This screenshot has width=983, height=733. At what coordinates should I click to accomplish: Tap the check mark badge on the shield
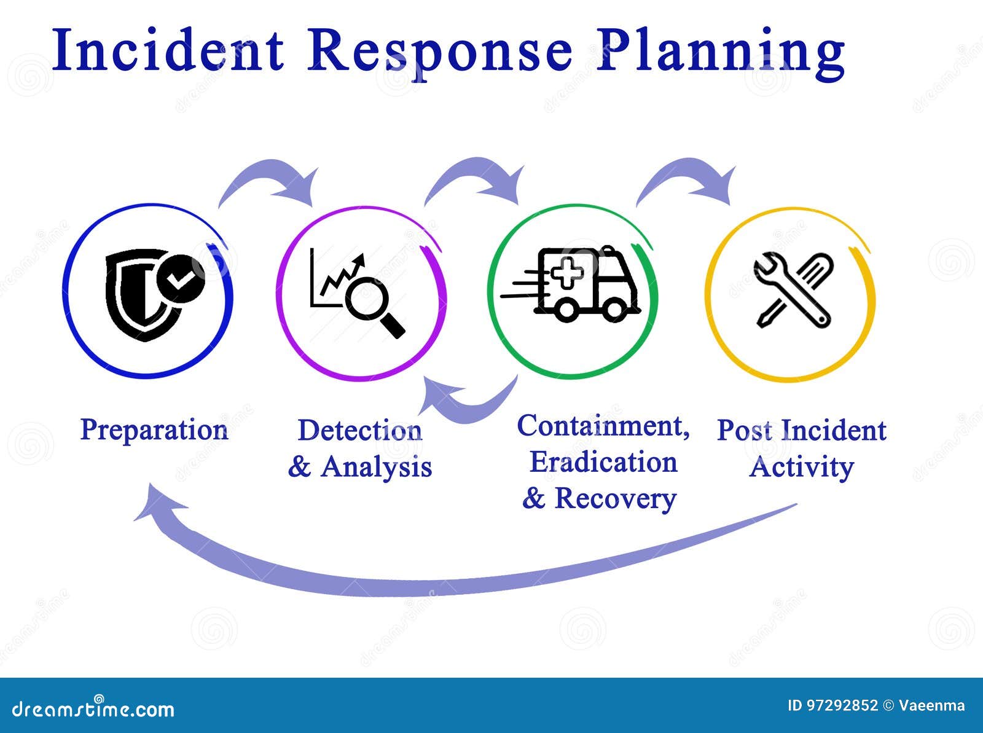[181, 279]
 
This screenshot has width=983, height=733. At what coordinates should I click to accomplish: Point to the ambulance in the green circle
[571, 284]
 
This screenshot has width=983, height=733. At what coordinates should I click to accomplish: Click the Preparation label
[154, 430]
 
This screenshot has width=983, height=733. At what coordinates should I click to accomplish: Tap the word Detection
[360, 431]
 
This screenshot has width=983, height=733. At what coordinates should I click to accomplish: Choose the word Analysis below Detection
[376, 468]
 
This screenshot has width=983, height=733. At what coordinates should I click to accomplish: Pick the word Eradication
[604, 461]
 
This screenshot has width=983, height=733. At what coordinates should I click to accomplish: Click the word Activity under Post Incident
[802, 468]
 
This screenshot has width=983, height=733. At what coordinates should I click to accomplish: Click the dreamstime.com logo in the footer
[93, 708]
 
